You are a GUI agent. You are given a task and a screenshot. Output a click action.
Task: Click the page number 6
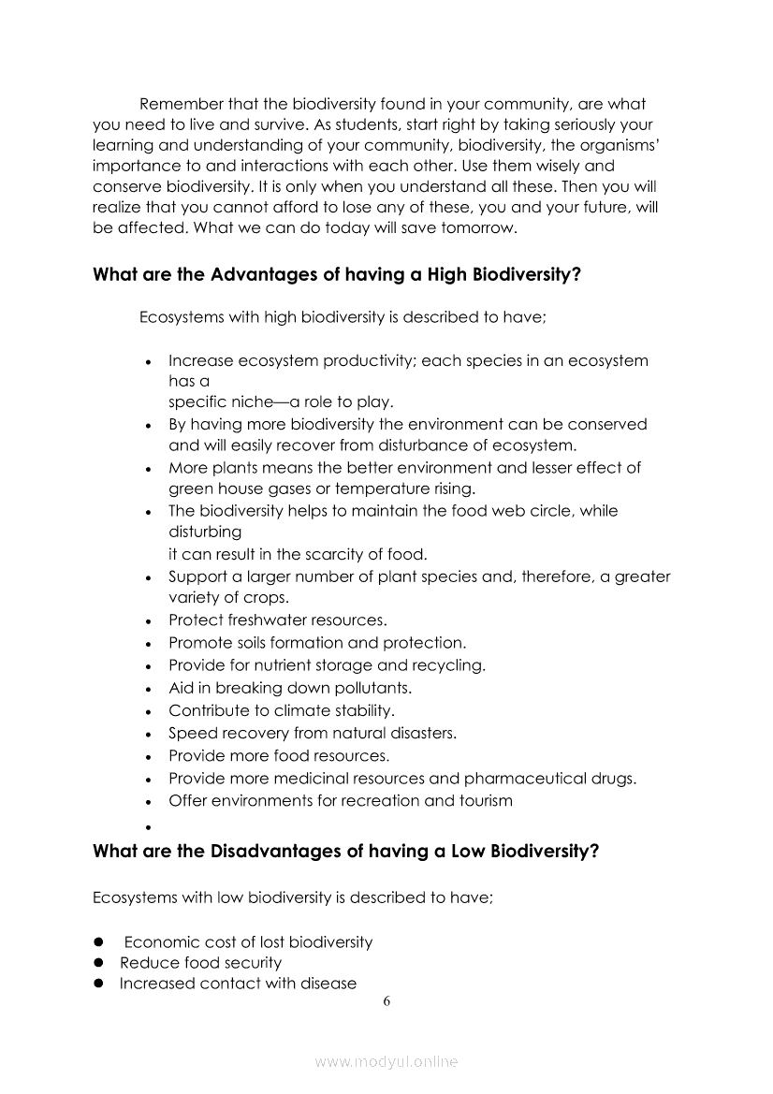click(x=386, y=1001)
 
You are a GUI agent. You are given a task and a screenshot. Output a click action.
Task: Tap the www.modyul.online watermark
click(x=386, y=1061)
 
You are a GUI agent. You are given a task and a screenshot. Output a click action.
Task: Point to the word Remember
click(x=177, y=104)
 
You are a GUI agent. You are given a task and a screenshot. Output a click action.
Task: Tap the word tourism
click(x=485, y=801)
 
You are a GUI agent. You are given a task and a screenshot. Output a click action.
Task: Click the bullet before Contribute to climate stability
click(x=149, y=712)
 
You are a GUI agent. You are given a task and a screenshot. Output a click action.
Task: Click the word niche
click(x=248, y=402)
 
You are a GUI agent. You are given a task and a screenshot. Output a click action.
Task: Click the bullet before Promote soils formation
click(x=149, y=645)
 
